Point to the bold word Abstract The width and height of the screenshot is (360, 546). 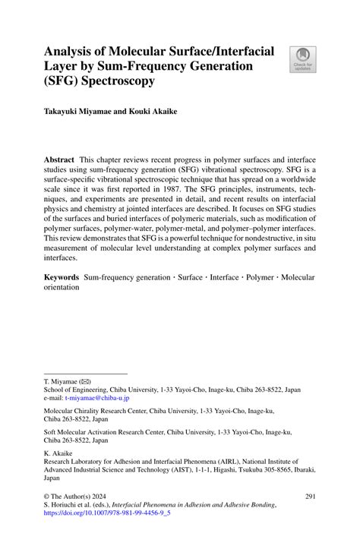(x=58, y=161)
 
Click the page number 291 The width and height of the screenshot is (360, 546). (x=309, y=517)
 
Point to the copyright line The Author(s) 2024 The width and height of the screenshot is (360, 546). (x=84, y=517)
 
